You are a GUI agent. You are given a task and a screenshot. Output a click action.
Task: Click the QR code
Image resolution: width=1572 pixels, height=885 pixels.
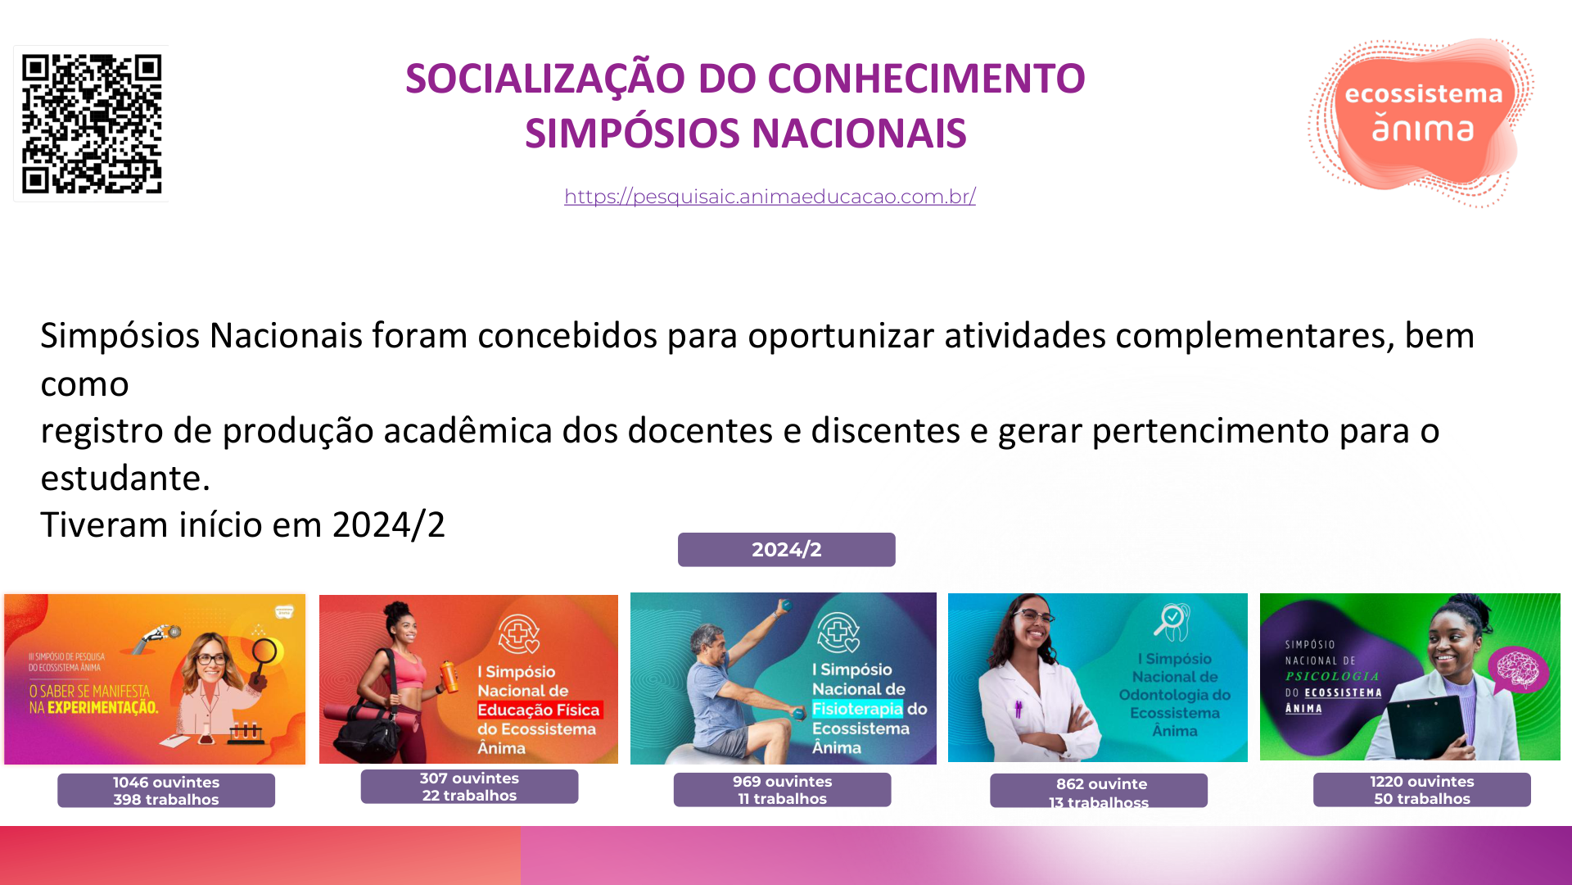point(91,124)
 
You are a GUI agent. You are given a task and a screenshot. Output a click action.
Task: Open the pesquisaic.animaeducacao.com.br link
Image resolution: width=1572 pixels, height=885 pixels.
point(770,197)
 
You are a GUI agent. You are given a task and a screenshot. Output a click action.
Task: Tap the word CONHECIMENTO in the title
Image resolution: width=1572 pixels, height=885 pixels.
point(926,79)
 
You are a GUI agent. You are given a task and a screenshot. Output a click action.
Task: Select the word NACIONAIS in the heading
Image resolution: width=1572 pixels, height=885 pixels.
point(859,134)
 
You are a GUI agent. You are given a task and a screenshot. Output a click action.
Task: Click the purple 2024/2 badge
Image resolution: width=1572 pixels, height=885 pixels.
point(786,550)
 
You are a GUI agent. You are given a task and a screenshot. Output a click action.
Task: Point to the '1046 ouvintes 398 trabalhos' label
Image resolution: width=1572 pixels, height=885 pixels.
point(166,791)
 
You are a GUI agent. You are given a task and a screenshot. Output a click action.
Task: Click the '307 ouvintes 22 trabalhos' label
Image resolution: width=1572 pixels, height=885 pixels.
point(469,787)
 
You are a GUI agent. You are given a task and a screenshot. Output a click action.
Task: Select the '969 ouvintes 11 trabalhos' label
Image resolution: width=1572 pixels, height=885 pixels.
point(782,790)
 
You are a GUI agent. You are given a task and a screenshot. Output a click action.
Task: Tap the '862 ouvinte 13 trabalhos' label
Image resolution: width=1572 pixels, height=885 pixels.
point(1099,792)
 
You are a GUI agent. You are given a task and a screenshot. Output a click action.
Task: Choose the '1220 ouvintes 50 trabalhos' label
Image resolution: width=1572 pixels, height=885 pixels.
point(1422,790)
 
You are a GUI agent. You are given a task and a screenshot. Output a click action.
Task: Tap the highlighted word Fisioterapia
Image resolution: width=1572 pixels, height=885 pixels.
point(857,709)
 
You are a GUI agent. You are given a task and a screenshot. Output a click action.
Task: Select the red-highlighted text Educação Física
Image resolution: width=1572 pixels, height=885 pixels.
point(540,710)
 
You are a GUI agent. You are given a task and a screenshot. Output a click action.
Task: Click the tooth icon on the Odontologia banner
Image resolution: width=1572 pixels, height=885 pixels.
point(1172,623)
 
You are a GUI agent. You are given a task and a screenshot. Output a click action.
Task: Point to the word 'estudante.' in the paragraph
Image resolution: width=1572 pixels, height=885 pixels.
point(125,478)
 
